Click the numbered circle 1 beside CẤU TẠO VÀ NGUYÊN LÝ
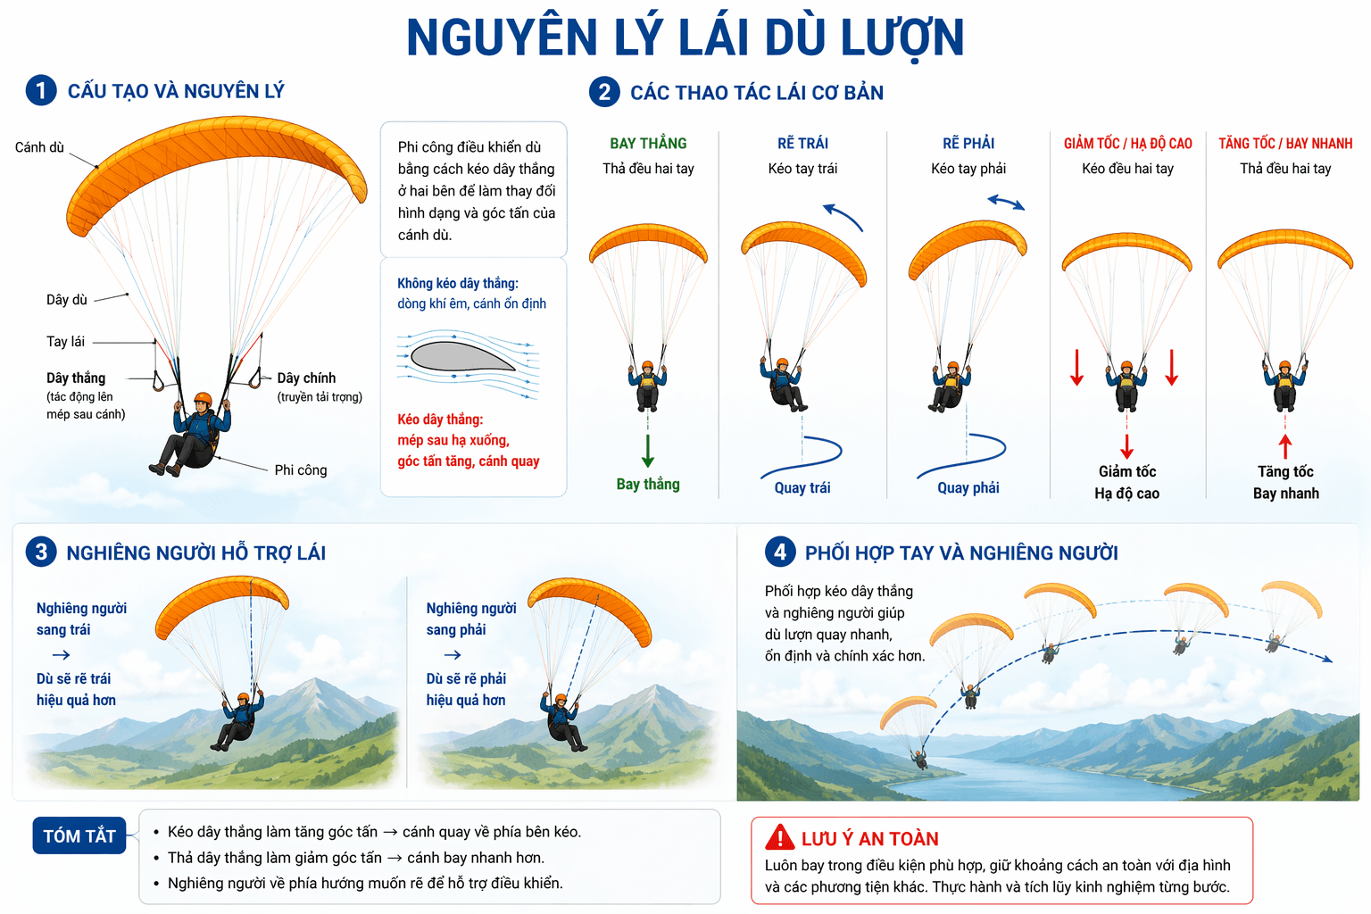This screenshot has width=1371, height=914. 41,90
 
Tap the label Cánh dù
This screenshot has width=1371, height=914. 39,147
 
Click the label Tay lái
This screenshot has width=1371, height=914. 65,342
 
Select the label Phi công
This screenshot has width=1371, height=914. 300,470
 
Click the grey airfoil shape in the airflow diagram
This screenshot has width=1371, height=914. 459,357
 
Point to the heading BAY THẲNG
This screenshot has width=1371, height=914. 648,144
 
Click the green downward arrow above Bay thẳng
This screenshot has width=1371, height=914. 648,450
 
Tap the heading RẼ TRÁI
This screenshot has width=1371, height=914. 802,144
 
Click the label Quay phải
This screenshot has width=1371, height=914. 968,488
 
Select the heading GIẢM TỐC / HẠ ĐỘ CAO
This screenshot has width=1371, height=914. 1127,144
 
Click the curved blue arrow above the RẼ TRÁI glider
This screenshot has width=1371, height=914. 843,216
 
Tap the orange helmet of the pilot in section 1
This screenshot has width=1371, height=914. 204,399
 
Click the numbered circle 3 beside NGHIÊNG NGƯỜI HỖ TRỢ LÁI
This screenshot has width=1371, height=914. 41,552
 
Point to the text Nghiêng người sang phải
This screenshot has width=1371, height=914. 470,619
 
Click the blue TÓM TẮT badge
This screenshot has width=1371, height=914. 79,836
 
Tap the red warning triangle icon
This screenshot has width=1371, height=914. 779,837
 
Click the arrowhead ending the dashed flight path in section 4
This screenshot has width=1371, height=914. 1327,660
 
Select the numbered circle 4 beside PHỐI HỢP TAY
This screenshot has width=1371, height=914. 780,552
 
